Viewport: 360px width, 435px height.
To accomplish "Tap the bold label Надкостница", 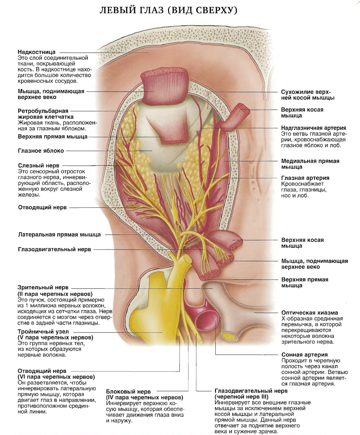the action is (37, 52).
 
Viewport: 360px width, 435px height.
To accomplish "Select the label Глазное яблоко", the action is (41, 151).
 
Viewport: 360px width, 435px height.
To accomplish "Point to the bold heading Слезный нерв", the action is (38, 165).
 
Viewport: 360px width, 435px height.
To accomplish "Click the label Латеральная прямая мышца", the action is (59, 234).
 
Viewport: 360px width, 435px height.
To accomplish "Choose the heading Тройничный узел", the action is (43, 332).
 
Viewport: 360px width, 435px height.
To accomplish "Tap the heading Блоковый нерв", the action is (129, 391).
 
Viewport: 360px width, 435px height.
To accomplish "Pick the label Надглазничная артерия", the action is (314, 128).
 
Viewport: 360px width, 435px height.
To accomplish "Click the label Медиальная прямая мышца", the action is (310, 164).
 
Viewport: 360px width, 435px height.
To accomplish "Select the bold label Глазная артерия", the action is (305, 178).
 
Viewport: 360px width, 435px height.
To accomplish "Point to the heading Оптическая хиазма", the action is (309, 313).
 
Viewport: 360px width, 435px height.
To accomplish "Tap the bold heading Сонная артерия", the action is (305, 355).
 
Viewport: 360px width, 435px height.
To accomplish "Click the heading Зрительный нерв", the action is (43, 288).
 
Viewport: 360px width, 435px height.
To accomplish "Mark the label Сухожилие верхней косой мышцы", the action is (307, 95).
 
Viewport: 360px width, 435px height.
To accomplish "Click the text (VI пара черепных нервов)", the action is (56, 377).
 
